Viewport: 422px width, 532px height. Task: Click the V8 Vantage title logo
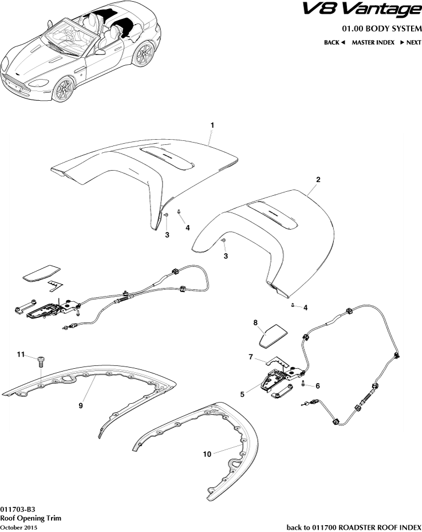[362, 10]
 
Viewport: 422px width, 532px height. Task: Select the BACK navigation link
[334, 42]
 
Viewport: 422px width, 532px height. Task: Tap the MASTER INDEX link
[373, 42]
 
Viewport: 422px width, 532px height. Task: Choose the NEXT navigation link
[411, 42]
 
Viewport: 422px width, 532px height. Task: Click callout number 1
[212, 125]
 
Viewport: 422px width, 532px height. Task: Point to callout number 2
[318, 179]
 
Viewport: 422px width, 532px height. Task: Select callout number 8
[255, 322]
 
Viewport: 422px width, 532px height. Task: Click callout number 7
[251, 357]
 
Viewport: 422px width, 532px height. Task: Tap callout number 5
[242, 394]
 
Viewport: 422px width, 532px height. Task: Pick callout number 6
[318, 386]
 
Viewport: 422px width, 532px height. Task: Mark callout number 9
[81, 405]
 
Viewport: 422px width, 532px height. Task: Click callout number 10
[207, 454]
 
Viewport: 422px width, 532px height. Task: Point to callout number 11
[21, 354]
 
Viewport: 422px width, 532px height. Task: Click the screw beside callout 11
[41, 361]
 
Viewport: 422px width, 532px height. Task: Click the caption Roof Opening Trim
[30, 518]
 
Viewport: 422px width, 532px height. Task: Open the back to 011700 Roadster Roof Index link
[354, 527]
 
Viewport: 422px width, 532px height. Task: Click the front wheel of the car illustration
[64, 89]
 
